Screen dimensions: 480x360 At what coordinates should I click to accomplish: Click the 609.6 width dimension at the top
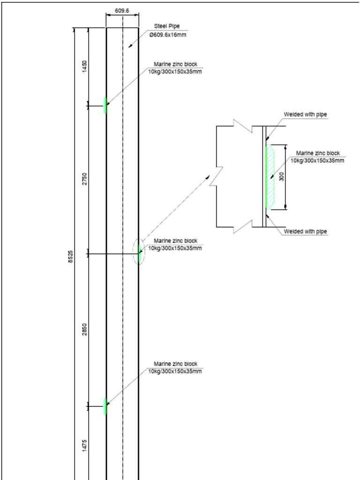click(122, 10)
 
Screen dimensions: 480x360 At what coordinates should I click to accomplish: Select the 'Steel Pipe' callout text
click(167, 26)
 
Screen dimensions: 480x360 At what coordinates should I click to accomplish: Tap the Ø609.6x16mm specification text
click(168, 35)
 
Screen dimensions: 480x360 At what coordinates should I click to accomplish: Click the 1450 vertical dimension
click(84, 66)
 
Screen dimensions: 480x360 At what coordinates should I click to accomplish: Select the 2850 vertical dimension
click(84, 330)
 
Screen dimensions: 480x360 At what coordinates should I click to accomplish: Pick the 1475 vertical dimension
click(84, 445)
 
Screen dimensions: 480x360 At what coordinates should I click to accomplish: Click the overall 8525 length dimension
click(70, 256)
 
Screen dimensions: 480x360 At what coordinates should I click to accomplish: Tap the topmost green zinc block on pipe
click(105, 105)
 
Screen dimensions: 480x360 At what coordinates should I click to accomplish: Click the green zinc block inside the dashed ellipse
click(140, 252)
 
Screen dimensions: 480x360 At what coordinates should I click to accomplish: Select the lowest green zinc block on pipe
click(105, 406)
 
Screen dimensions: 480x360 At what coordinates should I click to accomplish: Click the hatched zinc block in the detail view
click(270, 177)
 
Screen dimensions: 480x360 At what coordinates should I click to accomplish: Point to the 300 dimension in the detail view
click(282, 177)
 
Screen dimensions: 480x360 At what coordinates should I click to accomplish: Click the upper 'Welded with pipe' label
click(305, 114)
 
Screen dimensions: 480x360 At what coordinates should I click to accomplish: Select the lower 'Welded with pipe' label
click(305, 232)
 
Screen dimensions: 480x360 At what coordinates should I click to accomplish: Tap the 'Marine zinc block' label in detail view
click(318, 153)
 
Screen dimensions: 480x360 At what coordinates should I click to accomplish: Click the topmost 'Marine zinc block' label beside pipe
click(176, 64)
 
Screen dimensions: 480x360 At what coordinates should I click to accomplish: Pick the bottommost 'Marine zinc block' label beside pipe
click(176, 364)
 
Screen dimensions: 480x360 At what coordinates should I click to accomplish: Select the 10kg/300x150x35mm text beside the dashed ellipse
click(175, 248)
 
